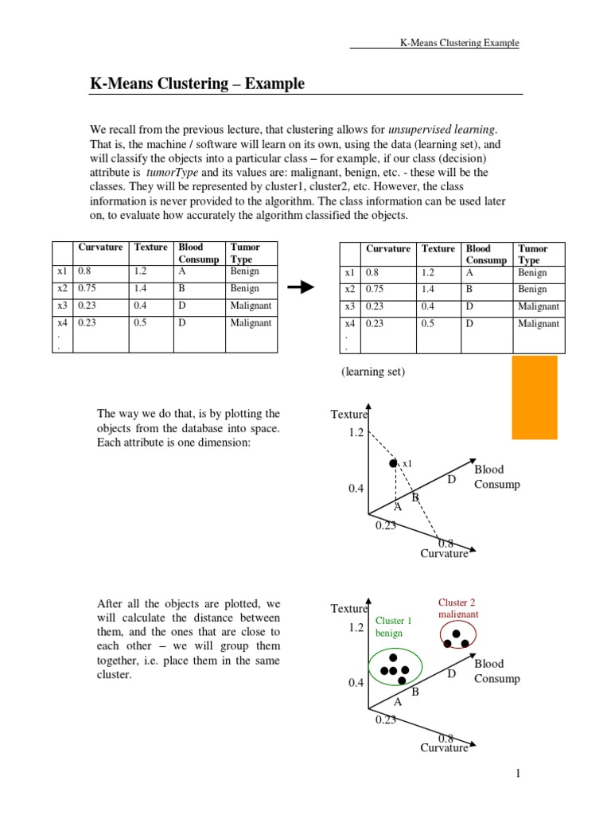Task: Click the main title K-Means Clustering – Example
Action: click(x=197, y=84)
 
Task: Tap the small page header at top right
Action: click(x=459, y=43)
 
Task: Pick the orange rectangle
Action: click(x=534, y=397)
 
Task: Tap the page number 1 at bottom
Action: click(x=517, y=774)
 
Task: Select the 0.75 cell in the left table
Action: click(x=88, y=289)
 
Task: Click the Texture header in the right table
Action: click(x=438, y=249)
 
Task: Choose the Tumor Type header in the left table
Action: click(x=244, y=253)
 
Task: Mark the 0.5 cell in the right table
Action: click(x=430, y=324)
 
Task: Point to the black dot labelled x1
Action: click(x=392, y=463)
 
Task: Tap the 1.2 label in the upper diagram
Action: click(x=355, y=432)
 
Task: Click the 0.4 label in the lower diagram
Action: click(x=356, y=683)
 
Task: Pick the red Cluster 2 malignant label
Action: click(x=458, y=609)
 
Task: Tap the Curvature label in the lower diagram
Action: click(x=444, y=748)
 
